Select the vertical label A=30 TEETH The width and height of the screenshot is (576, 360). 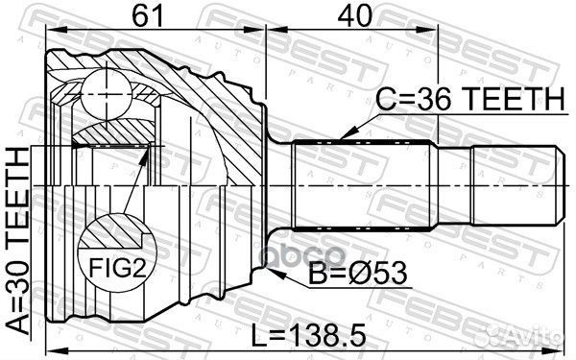point(17,240)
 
